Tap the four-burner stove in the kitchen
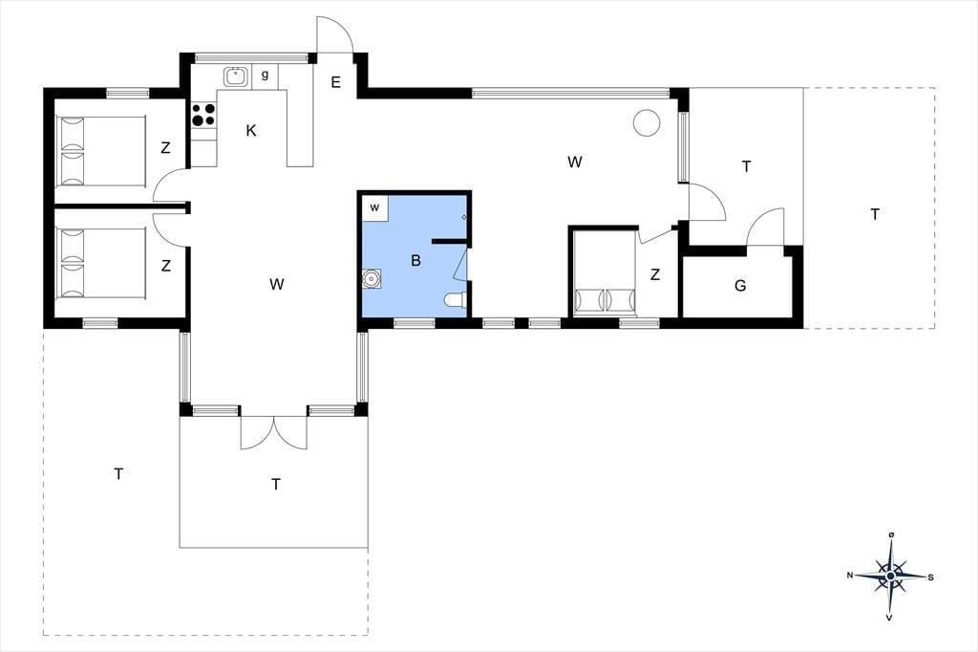[203, 115]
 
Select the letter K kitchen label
[251, 131]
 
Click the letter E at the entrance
[335, 82]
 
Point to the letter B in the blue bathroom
[416, 260]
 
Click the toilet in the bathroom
[455, 301]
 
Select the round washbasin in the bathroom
[372, 278]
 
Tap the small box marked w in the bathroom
[374, 208]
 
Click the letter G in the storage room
[740, 286]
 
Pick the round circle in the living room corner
[647, 122]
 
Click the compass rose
[891, 576]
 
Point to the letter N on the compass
[850, 576]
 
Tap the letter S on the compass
[930, 577]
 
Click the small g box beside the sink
[266, 76]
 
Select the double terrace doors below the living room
[274, 432]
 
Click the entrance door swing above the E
[335, 34]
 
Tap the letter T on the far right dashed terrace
[875, 215]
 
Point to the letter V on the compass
[889, 618]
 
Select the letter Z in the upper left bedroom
[165, 148]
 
